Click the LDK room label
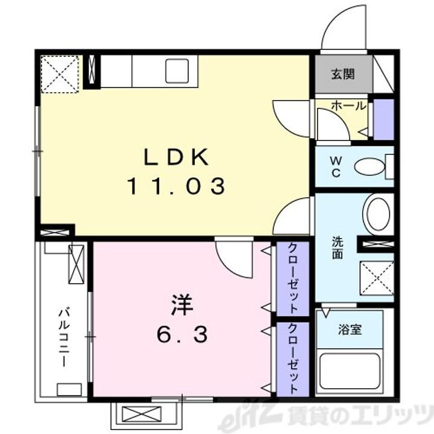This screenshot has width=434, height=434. tap(175, 158)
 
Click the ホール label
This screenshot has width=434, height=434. tap(348, 106)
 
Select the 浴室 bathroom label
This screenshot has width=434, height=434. tap(350, 330)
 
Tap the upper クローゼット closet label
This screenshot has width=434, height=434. tap(292, 278)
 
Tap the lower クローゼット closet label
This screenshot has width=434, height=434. tap(292, 359)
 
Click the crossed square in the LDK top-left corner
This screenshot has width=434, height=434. tap(60, 74)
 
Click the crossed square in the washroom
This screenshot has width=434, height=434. tap(376, 278)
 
